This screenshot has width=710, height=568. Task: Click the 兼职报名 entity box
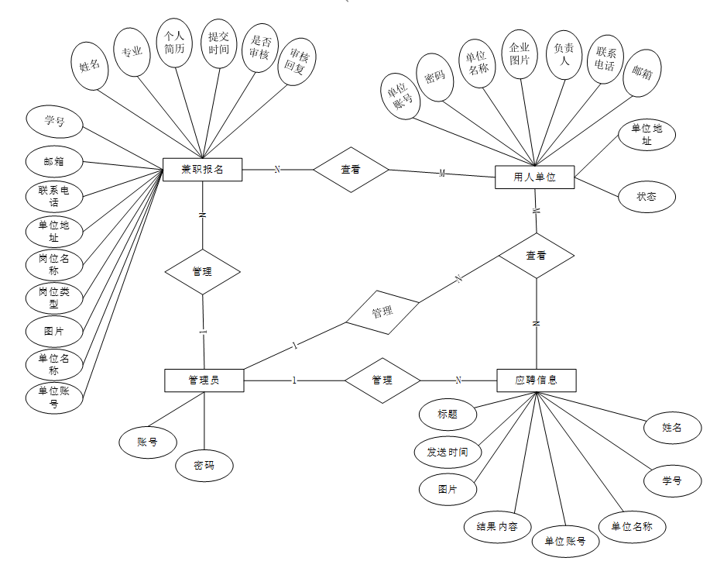(203, 169)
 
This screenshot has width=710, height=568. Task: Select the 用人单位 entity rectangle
(534, 177)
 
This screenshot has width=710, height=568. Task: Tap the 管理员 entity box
(204, 380)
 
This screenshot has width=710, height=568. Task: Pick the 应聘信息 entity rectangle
(536, 380)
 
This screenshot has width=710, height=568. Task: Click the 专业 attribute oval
(132, 52)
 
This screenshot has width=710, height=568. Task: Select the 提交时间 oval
(218, 43)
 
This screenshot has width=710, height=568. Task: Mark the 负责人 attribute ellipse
(564, 53)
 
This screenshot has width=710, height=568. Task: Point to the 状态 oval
(647, 197)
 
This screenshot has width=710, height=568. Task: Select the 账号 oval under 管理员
(148, 442)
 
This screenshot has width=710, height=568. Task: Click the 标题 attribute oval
(448, 414)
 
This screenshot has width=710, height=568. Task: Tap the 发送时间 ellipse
(448, 452)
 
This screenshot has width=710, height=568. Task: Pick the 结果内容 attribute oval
(497, 527)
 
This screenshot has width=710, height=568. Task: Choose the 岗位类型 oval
(54, 298)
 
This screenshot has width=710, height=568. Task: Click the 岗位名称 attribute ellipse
(54, 264)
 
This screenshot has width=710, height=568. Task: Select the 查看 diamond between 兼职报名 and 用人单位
(351, 169)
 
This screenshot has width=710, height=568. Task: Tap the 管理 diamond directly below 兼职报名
(203, 271)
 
